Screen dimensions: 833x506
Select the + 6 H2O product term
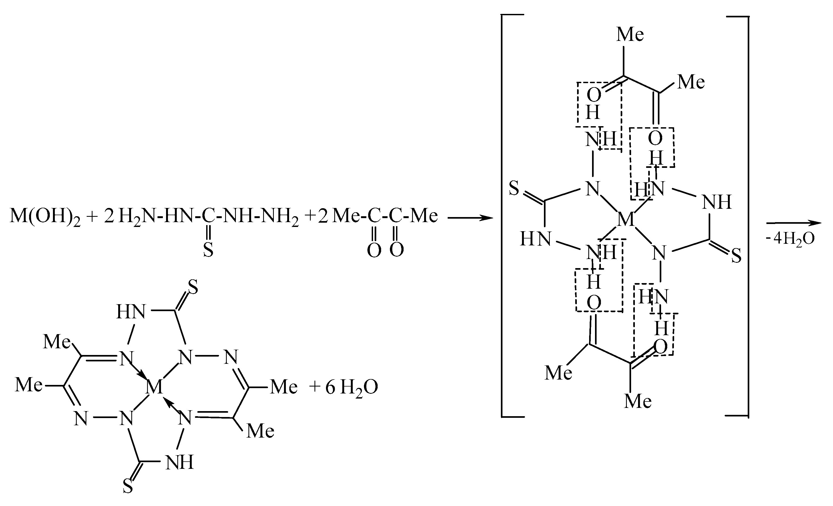[343, 387]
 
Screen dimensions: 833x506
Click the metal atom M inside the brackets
[626, 220]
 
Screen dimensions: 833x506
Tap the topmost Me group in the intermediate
[630, 35]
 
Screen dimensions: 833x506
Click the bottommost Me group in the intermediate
[638, 401]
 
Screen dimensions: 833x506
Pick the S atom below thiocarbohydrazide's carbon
[208, 250]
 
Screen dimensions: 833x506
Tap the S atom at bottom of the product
[128, 487]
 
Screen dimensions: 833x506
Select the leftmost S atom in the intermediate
[514, 188]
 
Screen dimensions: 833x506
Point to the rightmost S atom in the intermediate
[736, 256]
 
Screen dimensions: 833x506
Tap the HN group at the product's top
[131, 312]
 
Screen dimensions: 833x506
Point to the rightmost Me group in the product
[284, 387]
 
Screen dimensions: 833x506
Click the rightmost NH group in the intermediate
[717, 202]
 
